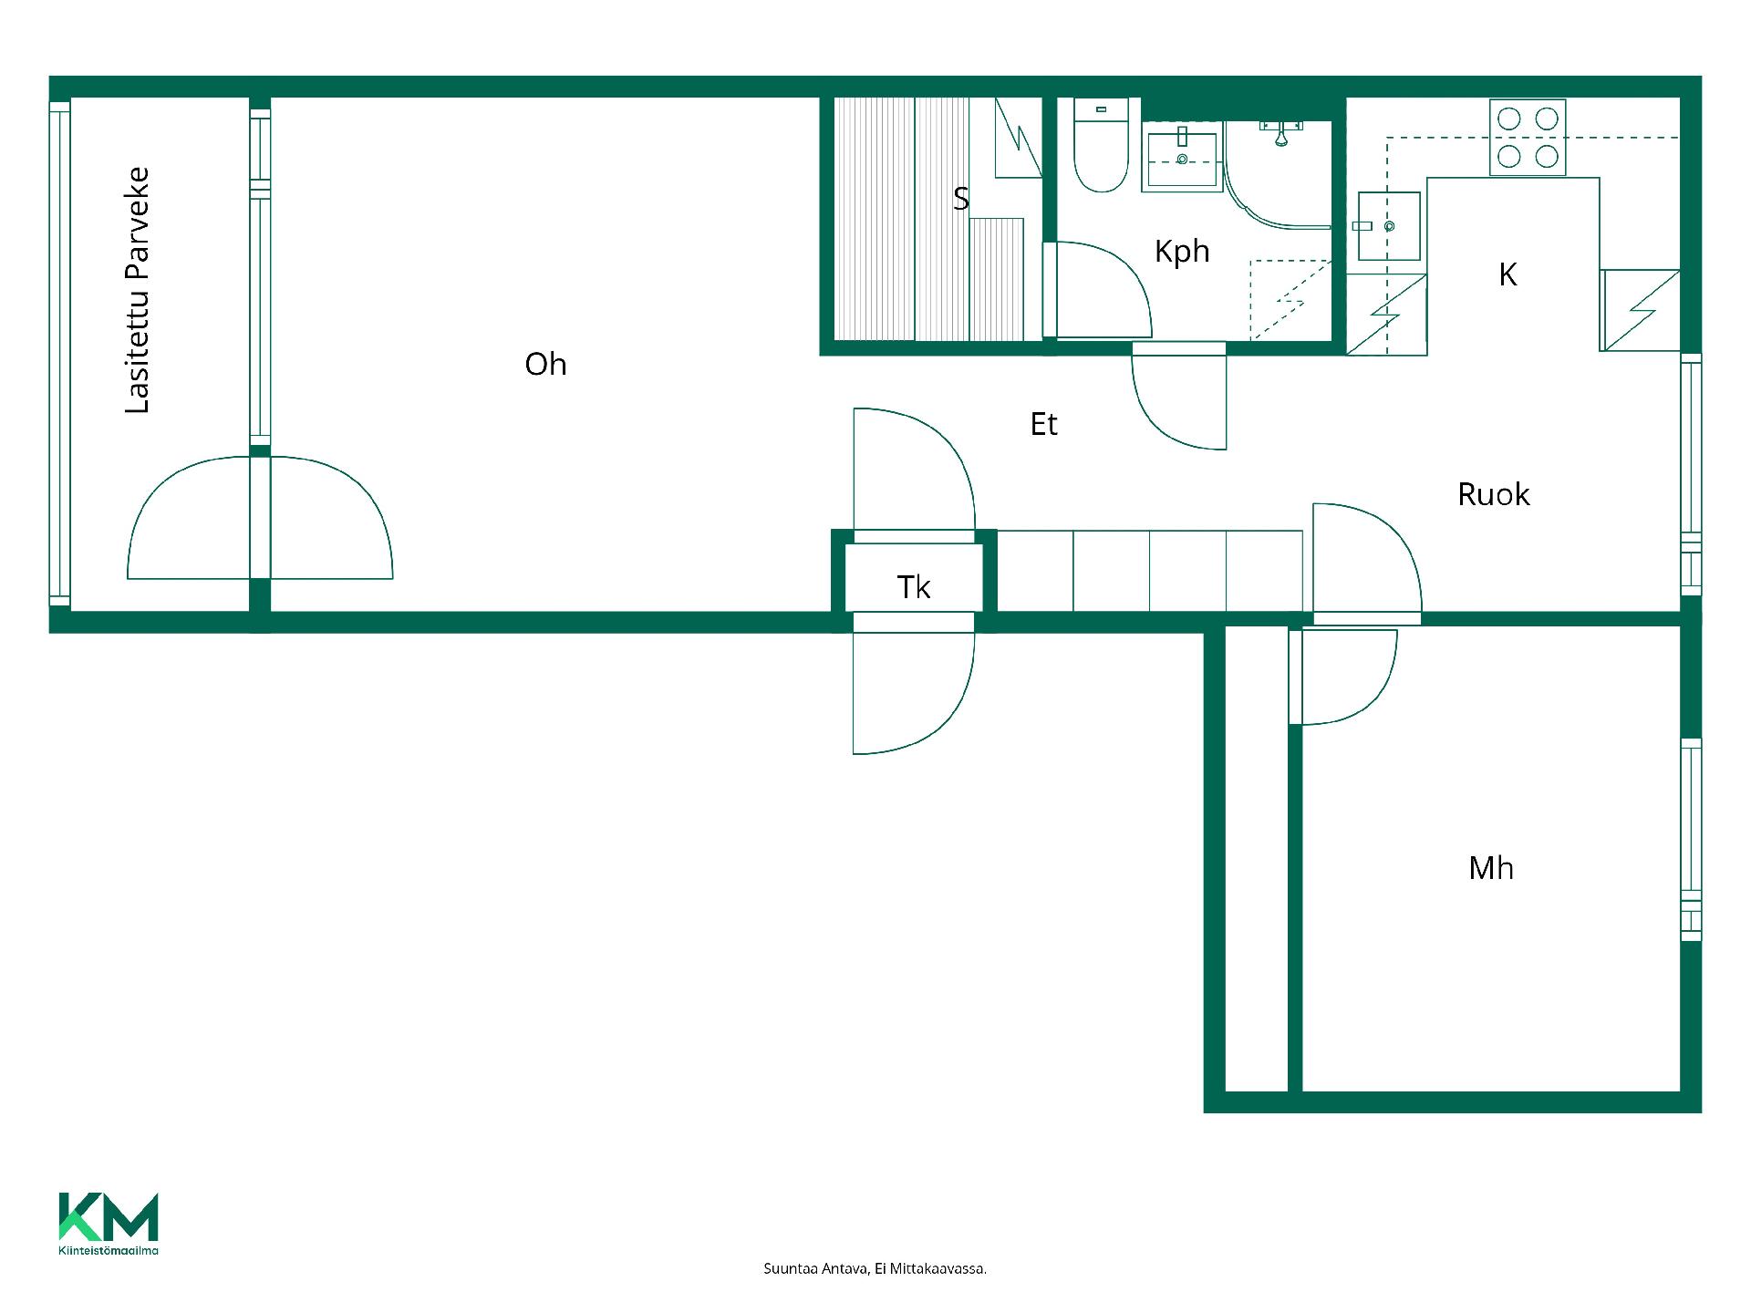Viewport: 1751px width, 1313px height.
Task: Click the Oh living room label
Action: point(545,365)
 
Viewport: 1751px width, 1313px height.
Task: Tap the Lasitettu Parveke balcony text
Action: point(137,290)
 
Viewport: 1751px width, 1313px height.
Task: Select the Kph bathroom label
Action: point(1182,252)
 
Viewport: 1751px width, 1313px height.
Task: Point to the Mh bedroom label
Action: point(1491,868)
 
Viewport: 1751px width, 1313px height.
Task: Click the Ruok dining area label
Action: point(1494,494)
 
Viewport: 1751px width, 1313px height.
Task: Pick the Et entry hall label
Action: point(1043,424)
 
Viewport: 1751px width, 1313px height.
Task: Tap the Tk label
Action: point(914,587)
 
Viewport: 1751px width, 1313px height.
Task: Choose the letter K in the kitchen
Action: point(1508,274)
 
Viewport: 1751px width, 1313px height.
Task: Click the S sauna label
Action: point(960,199)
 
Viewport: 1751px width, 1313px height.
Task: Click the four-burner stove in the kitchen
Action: point(1528,138)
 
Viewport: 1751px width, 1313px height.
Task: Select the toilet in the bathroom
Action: point(1102,146)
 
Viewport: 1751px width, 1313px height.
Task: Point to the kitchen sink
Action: point(1388,226)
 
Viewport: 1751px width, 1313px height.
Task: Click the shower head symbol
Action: point(1281,135)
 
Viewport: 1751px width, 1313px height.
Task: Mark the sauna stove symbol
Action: point(1018,138)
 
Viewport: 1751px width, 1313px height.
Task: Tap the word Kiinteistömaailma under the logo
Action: point(109,1250)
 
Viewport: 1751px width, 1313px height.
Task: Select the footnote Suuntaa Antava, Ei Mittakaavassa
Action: point(875,1268)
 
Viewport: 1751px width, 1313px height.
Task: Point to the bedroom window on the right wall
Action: point(1691,840)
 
